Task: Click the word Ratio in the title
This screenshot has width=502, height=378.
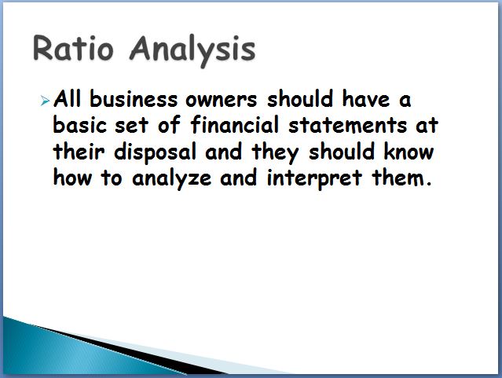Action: coord(73,49)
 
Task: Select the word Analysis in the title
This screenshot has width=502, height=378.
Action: coord(192,50)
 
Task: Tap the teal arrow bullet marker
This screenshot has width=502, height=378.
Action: coord(45,101)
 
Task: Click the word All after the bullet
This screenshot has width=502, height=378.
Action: coord(68,99)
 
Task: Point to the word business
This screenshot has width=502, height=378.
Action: coord(134,99)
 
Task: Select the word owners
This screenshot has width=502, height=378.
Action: coord(222,100)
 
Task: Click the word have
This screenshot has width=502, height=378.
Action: coord(366,99)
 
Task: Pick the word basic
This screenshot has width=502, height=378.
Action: coord(79,125)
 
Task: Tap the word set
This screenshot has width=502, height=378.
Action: coord(131,126)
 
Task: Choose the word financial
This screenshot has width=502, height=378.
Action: coord(235,124)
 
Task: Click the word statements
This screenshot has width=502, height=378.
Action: coord(347,125)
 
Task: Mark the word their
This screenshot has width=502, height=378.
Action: coord(79,151)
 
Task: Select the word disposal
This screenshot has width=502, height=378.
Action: coord(155,152)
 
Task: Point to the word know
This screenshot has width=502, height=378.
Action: coord(409,151)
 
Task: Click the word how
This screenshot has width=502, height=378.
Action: coord(72,177)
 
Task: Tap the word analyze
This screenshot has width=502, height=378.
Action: coord(171,178)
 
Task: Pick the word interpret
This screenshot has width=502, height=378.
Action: coord(314,178)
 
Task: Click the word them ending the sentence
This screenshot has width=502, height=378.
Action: coord(401,177)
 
